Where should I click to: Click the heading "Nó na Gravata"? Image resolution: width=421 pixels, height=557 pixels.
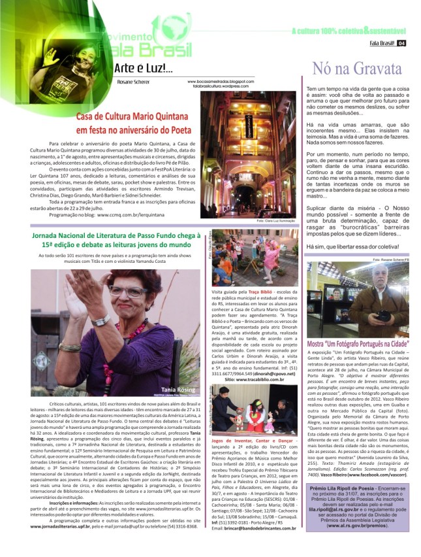point(357,69)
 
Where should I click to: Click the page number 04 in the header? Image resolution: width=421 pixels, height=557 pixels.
point(401,44)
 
